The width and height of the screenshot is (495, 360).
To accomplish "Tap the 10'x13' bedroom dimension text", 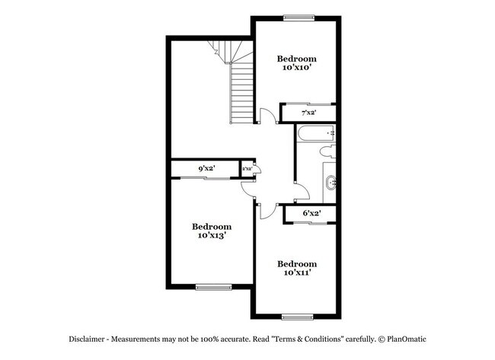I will pos(211,235).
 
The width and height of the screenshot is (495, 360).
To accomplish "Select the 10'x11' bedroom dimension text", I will pos(296,272).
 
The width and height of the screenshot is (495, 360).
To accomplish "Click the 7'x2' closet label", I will pos(308,113).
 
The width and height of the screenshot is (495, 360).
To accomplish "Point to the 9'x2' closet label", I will pos(206,168).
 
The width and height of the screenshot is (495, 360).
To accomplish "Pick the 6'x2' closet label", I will pos(311,214).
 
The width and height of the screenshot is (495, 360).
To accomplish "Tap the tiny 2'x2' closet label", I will pos(247,168).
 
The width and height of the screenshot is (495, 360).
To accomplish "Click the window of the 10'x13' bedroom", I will pos(212,287).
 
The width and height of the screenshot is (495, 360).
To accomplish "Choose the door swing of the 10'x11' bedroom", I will pos(267,211).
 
